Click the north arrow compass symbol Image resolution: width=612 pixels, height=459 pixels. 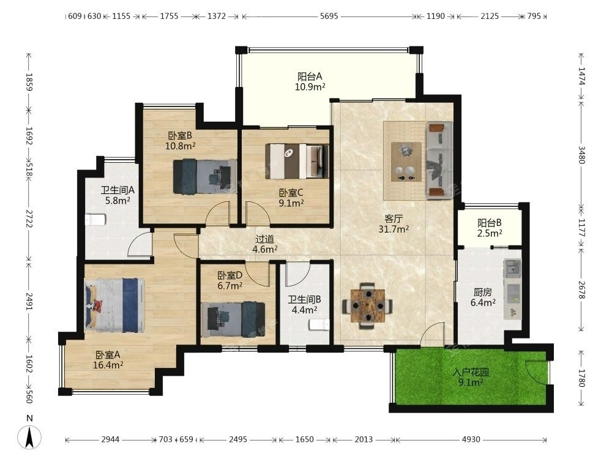[x=29, y=436]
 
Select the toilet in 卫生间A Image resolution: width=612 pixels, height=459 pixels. [x=95, y=220]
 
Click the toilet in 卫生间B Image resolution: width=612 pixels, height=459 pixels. [x=319, y=325]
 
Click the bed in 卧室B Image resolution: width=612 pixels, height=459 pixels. [x=204, y=176]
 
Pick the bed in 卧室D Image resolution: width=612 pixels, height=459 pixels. [x=233, y=319]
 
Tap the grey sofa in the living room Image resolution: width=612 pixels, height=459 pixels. [x=439, y=160]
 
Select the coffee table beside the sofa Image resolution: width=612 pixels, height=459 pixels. [x=406, y=162]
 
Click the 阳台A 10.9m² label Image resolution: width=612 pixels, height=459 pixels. [x=310, y=81]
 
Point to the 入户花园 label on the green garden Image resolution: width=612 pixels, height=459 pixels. [x=471, y=372]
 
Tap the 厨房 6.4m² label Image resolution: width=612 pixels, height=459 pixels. [x=483, y=297]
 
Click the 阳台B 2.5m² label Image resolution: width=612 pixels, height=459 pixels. [x=490, y=228]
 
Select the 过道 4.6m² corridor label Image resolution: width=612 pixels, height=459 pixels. [x=264, y=244]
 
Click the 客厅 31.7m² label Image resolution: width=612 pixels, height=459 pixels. [x=394, y=223]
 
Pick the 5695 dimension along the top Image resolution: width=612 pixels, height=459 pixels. [x=329, y=16]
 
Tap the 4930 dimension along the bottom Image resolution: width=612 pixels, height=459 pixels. [x=471, y=439]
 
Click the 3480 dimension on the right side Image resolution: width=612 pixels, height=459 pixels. [x=581, y=155]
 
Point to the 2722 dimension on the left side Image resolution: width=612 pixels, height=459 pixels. [x=29, y=218]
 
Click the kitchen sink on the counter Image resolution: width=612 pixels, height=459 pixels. [x=512, y=268]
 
